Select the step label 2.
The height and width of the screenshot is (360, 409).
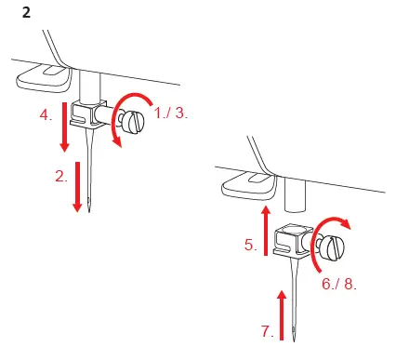pos(61,175)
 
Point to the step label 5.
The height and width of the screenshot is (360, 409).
pos(249,246)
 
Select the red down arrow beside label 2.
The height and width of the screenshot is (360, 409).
pos(79,186)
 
